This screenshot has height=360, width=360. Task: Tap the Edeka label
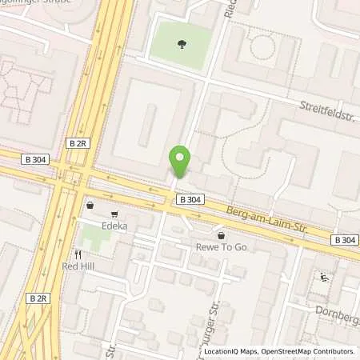click(x=115, y=226)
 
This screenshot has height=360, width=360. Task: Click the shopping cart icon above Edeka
click(x=115, y=214)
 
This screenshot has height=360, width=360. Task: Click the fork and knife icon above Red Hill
click(x=78, y=253)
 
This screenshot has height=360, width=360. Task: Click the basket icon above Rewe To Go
click(x=221, y=236)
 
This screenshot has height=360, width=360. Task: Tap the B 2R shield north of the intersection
click(x=78, y=143)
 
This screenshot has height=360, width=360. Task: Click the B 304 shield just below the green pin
click(x=190, y=198)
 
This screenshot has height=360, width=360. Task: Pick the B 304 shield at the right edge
click(x=344, y=239)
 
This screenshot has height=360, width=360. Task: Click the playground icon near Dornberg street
click(x=325, y=278)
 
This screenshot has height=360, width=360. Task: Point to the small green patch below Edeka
click(x=96, y=235)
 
